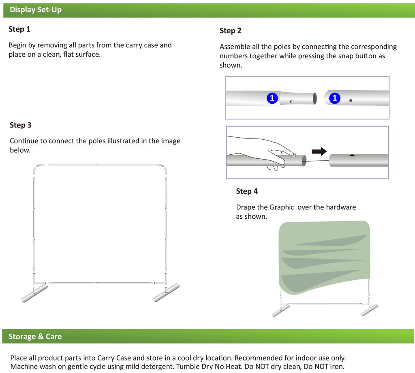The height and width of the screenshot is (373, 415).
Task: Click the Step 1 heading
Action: point(19,29)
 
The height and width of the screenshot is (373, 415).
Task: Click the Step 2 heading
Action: point(231,31)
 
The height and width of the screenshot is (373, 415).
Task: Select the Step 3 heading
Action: point(21,125)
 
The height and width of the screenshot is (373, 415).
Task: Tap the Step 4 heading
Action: point(247,191)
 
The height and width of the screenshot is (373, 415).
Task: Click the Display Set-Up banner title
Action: point(36,10)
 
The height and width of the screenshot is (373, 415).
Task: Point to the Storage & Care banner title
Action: point(35,337)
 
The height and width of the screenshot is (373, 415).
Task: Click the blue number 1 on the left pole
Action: point(272,98)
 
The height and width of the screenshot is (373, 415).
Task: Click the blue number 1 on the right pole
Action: point(335,98)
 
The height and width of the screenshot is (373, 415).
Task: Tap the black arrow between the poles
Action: point(319,151)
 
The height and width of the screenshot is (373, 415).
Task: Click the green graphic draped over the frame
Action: point(324,255)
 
